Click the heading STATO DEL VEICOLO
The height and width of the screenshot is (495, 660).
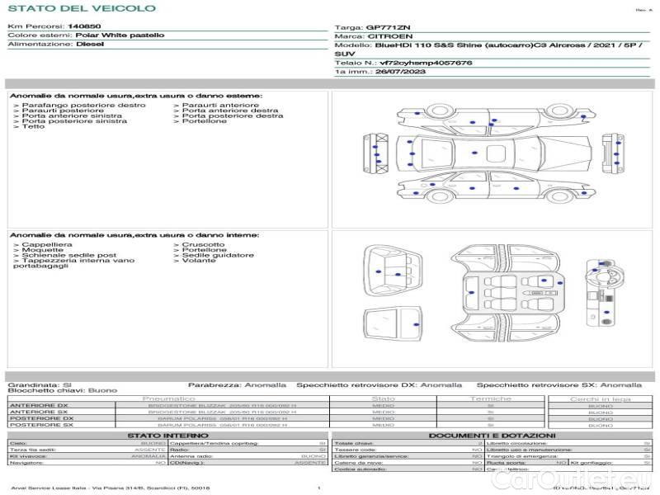(x=81, y=8)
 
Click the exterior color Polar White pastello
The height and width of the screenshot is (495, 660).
(x=120, y=35)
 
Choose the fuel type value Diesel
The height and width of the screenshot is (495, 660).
(x=90, y=44)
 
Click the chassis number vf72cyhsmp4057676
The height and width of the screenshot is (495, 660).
(x=426, y=63)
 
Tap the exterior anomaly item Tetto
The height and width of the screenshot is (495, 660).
(x=33, y=126)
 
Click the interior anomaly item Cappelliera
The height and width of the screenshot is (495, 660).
(x=47, y=244)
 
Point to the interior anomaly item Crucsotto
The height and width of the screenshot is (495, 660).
(x=203, y=244)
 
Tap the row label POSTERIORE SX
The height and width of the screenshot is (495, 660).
(x=40, y=425)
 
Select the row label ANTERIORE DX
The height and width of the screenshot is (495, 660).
(x=39, y=406)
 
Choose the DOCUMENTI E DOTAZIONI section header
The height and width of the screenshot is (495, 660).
(x=492, y=435)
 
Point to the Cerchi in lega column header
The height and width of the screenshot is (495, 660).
(x=600, y=398)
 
